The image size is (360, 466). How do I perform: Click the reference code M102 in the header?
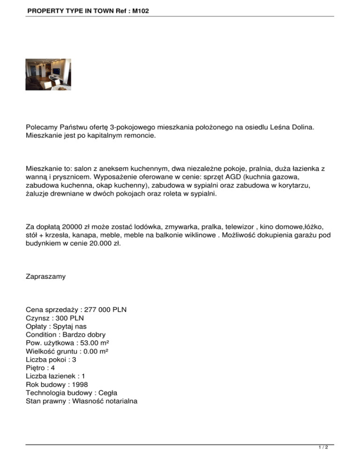tap(140, 10)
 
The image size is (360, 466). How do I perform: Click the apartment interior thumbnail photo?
tap(48, 75)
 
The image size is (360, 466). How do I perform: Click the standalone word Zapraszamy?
tap(46, 277)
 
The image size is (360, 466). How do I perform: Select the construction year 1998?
tap(78, 384)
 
